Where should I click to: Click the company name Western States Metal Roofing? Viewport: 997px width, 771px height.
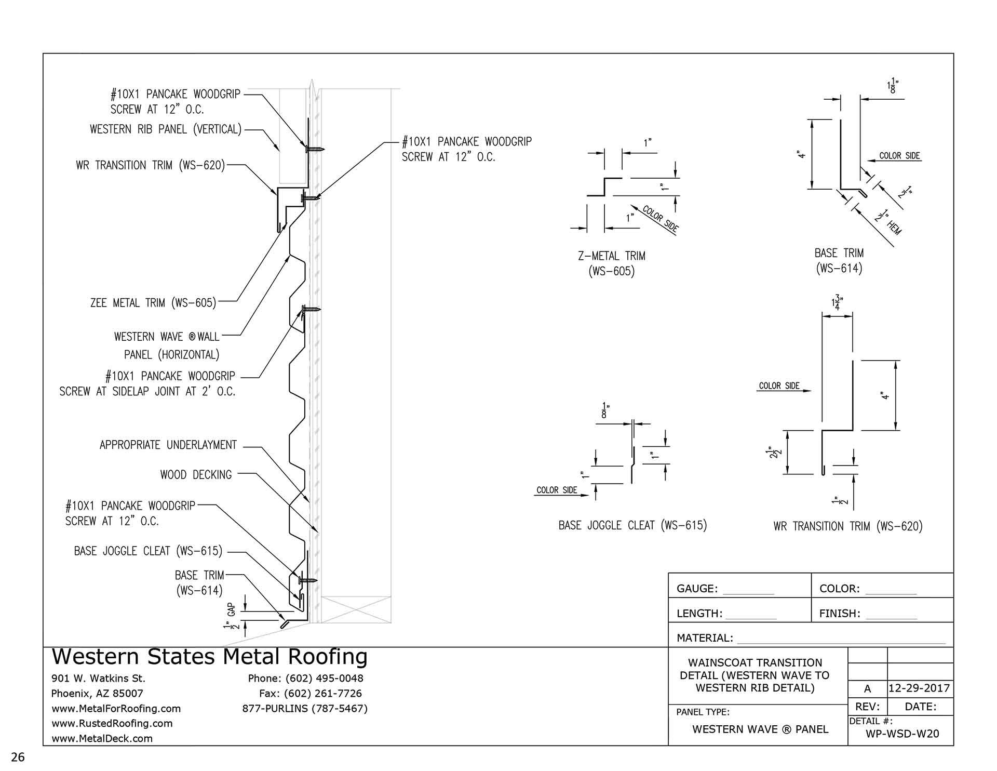tap(209, 657)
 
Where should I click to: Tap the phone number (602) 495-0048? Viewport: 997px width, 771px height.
tap(305, 679)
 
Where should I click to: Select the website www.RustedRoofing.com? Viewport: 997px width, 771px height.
tap(112, 723)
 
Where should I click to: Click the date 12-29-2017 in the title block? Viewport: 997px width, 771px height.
tap(919, 689)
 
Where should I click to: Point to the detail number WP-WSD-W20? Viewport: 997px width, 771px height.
tap(902, 734)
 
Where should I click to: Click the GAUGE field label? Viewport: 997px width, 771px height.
tap(697, 589)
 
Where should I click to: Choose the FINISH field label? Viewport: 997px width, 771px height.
tap(840, 614)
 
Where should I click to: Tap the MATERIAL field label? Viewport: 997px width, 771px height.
tap(705, 638)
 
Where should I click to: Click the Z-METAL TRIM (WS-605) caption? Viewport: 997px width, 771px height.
tap(612, 263)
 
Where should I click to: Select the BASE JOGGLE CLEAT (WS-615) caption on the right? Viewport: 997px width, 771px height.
tap(632, 525)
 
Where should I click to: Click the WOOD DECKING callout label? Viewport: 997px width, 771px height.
tap(196, 474)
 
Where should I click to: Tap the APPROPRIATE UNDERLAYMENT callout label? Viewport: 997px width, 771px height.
tap(168, 445)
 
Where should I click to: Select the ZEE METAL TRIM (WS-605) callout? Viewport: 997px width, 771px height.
tap(153, 302)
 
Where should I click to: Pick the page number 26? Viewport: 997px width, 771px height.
tap(18, 757)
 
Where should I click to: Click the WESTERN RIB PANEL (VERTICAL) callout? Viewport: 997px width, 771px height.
tap(166, 129)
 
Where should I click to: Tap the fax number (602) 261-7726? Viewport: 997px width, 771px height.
tap(310, 694)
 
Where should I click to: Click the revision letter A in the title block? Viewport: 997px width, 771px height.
tap(867, 689)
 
